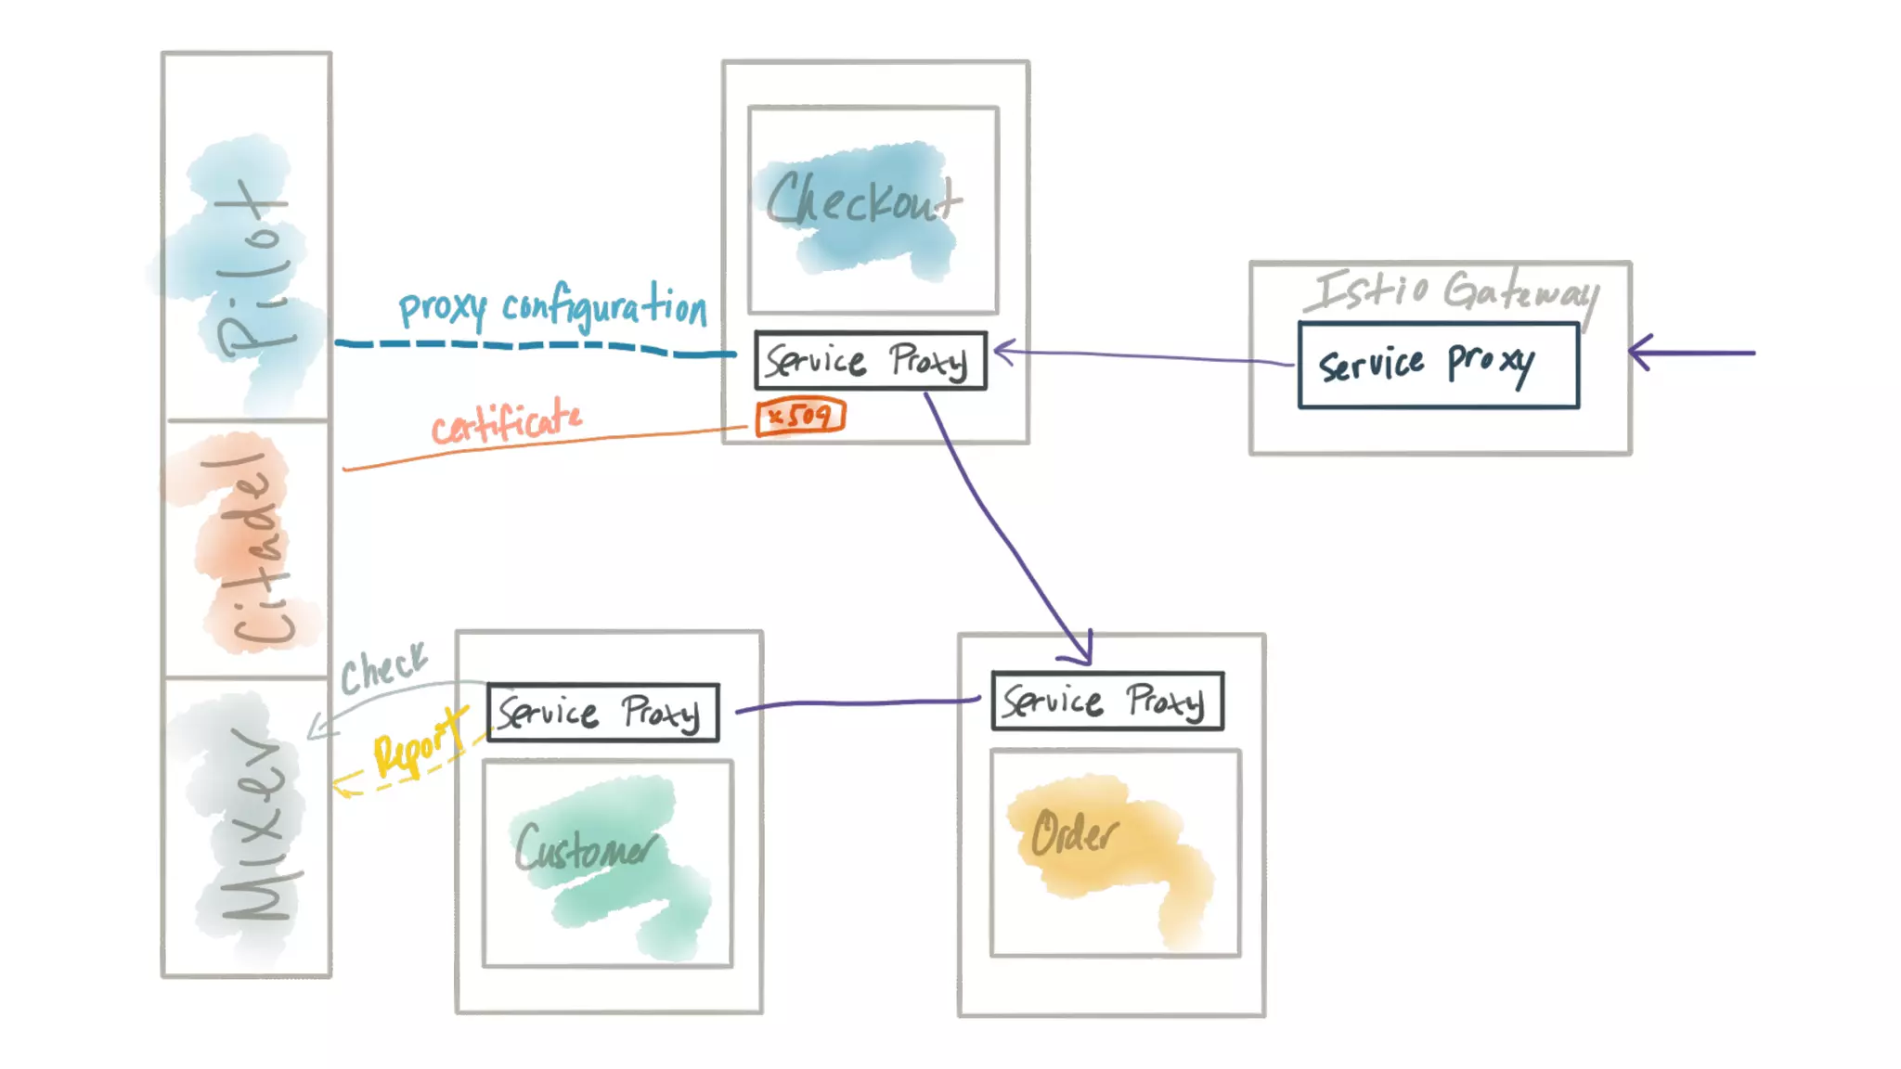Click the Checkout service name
tap(863, 200)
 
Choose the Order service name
tap(1075, 831)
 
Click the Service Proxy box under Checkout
tap(870, 361)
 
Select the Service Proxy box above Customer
tap(602, 713)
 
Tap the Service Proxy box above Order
tap(1107, 702)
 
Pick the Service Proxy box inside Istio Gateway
tap(1438, 365)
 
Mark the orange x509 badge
tap(800, 416)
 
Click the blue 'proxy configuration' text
tap(552, 307)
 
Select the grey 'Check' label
tap(382, 667)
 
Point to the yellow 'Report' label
tap(418, 742)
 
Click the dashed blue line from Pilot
tap(534, 346)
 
